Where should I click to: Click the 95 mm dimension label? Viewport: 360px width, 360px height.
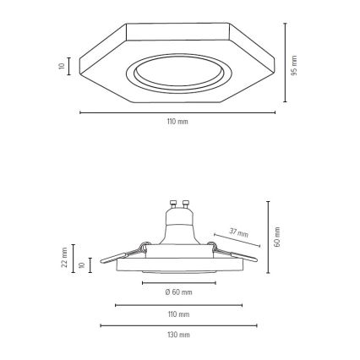[295, 64]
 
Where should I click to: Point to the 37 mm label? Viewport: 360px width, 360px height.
[239, 232]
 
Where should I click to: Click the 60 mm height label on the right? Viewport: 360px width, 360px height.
[278, 237]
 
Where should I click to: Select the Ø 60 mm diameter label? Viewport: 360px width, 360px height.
[178, 292]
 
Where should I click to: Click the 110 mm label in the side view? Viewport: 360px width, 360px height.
[178, 314]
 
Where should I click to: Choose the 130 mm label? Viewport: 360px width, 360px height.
[178, 335]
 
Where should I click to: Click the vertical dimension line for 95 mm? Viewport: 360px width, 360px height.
[285, 64]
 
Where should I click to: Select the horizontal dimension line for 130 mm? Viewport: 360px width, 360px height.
[178, 325]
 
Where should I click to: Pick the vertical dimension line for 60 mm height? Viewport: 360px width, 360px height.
[268, 237]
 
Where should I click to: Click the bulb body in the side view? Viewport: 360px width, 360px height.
[178, 228]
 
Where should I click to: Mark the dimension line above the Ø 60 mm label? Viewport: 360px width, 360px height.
[178, 283]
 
